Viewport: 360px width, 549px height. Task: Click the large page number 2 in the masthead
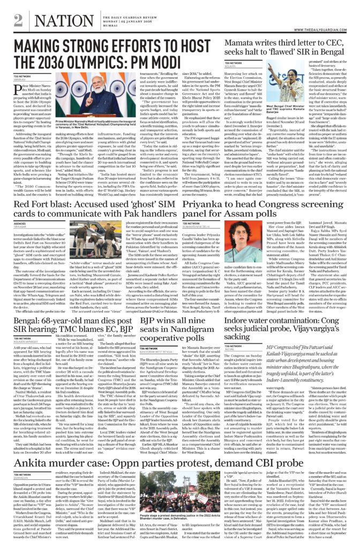[x=18, y=19]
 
